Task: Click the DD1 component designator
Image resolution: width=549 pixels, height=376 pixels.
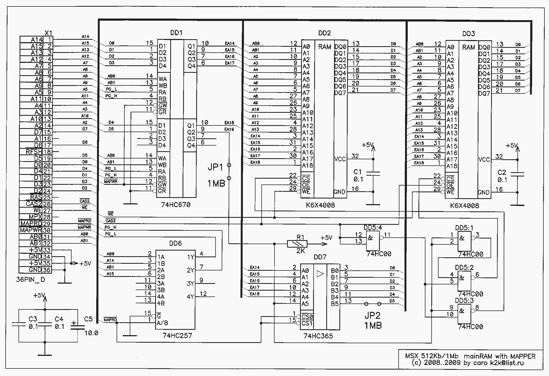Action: pyautogui.click(x=176, y=33)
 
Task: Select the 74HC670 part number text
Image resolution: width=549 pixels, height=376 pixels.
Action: pyautogui.click(x=176, y=205)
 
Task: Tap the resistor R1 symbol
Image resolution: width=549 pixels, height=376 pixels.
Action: pyautogui.click(x=297, y=244)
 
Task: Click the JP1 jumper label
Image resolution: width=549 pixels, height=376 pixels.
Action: pyautogui.click(x=215, y=168)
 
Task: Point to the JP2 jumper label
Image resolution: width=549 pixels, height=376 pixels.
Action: pyautogui.click(x=372, y=315)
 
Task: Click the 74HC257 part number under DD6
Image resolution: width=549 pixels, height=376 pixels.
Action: pyautogui.click(x=177, y=335)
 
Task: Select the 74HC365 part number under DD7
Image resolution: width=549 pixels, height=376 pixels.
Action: pyautogui.click(x=318, y=336)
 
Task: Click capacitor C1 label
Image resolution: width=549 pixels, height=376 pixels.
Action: pyautogui.click(x=358, y=172)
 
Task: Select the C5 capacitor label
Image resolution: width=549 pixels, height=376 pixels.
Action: pyautogui.click(x=88, y=319)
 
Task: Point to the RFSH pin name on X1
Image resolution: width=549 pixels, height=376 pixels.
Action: pyautogui.click(x=34, y=152)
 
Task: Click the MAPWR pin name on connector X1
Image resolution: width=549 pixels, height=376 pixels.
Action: pyautogui.click(x=31, y=230)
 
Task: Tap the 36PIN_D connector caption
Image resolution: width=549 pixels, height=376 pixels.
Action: pyautogui.click(x=31, y=280)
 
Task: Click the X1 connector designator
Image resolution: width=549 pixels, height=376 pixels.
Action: pyautogui.click(x=48, y=33)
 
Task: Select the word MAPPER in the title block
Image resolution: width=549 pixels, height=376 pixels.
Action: pyautogui.click(x=523, y=356)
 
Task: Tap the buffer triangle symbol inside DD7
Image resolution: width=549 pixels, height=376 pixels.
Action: pyautogui.click(x=320, y=274)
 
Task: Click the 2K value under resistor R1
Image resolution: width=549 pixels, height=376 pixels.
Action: pyautogui.click(x=301, y=251)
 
